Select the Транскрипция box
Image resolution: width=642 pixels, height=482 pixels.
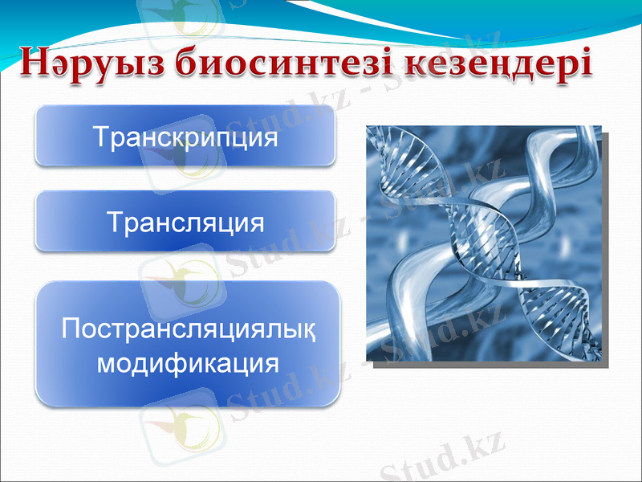pyautogui.click(x=185, y=137)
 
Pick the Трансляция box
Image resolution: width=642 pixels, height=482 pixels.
pyautogui.click(x=185, y=220)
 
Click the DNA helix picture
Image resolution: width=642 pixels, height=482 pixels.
pyautogui.click(x=482, y=243)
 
